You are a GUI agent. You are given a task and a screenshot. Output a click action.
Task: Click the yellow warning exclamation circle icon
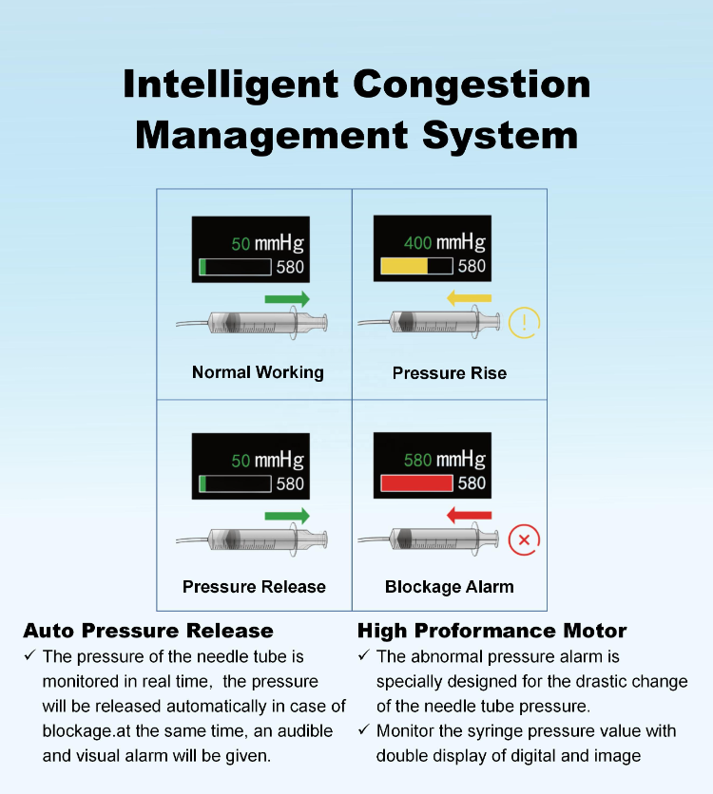pos(524,324)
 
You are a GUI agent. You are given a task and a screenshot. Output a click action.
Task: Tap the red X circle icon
pos(524,540)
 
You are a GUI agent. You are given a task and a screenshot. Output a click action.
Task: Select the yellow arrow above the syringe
pos(469,299)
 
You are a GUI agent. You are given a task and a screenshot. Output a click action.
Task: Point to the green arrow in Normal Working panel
pos(287,299)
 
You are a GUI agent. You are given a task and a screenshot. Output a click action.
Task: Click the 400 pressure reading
pos(418,243)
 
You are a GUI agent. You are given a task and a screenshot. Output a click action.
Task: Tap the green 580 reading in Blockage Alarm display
pos(418,461)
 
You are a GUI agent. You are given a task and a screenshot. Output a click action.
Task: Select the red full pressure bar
pos(416,483)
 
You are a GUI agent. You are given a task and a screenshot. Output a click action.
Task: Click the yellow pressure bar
pos(404,267)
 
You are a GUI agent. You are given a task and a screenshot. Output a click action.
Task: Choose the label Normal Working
pos(258,372)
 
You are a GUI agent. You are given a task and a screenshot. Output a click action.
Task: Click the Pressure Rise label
pos(450,373)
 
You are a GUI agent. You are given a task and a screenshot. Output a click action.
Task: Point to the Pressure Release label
pos(254,587)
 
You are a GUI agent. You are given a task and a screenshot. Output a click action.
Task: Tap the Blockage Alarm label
pos(450,587)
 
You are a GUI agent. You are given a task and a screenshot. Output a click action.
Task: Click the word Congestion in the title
pos(472,85)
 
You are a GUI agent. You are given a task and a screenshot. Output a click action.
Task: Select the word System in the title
pos(501,134)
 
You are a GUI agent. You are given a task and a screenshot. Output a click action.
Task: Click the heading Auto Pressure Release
pos(148,631)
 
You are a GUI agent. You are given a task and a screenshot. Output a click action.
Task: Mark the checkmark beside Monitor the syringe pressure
pos(363,730)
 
